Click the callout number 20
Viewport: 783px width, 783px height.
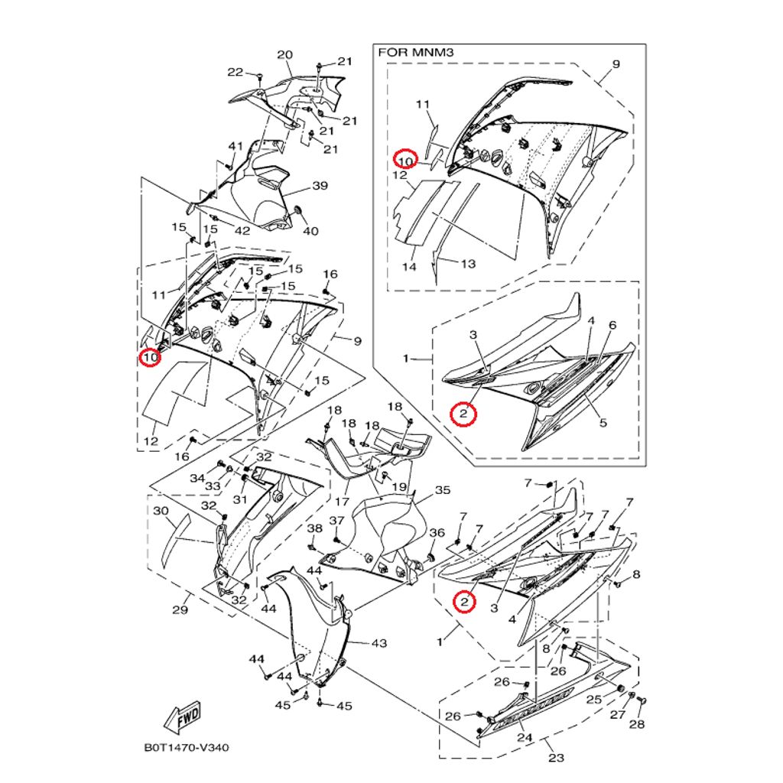coord(284,55)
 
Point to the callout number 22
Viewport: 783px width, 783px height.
coord(235,73)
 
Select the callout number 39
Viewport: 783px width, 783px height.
coord(320,186)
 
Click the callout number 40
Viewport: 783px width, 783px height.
coord(311,232)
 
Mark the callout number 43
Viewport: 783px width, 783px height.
coord(379,643)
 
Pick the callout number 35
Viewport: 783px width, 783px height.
coord(443,490)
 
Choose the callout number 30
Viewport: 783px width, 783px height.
coord(160,511)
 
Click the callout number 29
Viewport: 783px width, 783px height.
coord(180,610)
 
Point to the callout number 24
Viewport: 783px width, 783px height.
coord(524,739)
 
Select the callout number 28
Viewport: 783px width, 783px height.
coord(637,724)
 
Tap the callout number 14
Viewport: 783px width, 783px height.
coord(410,267)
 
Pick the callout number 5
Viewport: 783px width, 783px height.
coord(603,422)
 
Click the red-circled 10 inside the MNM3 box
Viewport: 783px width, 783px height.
coord(404,160)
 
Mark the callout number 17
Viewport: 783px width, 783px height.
coord(341,502)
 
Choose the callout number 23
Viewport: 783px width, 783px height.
coord(556,758)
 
